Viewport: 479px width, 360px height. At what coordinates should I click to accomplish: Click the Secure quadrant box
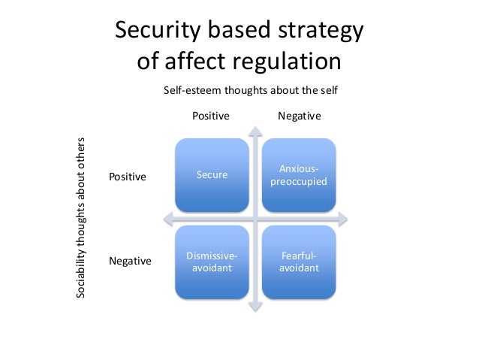[212, 175]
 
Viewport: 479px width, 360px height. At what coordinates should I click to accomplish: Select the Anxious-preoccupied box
[298, 175]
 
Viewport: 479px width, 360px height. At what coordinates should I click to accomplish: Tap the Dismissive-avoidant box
[212, 262]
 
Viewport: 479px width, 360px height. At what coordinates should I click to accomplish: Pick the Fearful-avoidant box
[298, 262]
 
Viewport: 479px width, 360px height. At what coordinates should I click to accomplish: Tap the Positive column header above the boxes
[211, 116]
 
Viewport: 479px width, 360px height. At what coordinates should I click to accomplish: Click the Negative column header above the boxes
[300, 116]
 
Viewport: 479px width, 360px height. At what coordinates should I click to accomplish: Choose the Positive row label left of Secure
[128, 177]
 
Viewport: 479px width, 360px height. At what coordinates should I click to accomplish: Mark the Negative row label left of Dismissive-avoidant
[130, 262]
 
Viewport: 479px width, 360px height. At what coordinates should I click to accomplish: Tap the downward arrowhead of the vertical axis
[255, 305]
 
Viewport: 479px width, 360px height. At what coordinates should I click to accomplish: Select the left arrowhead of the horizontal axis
[167, 219]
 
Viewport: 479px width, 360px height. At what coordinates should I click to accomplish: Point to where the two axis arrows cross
[255, 219]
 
